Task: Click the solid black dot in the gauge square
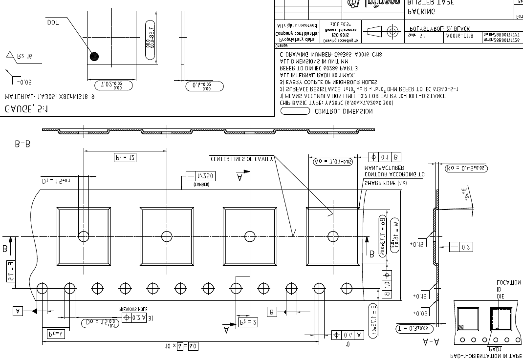pyautogui.click(x=94, y=56)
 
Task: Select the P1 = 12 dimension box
pyautogui.click(x=125, y=157)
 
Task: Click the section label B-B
pyautogui.click(x=23, y=144)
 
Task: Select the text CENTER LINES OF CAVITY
pyautogui.click(x=242, y=159)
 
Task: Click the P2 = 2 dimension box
pyautogui.click(x=248, y=322)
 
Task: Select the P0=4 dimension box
pyautogui.click(x=56, y=334)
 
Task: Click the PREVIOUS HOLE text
pyautogui.click(x=132, y=309)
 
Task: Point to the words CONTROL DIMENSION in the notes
pyautogui.click(x=343, y=111)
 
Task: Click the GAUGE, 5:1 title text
pyautogui.click(x=26, y=109)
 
